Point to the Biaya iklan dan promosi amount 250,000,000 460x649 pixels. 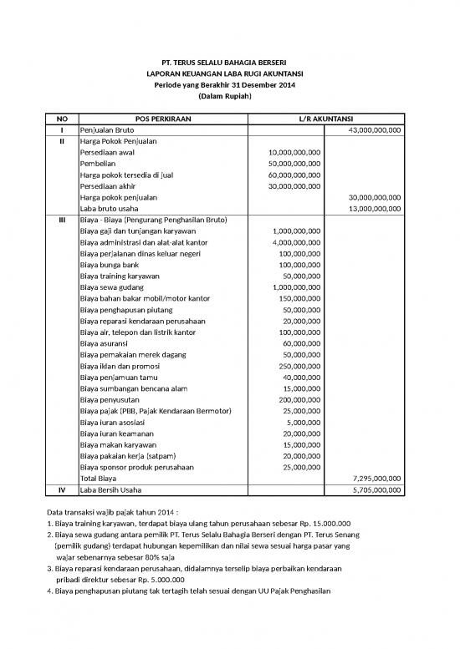point(299,366)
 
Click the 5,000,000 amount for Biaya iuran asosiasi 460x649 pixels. point(304,423)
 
